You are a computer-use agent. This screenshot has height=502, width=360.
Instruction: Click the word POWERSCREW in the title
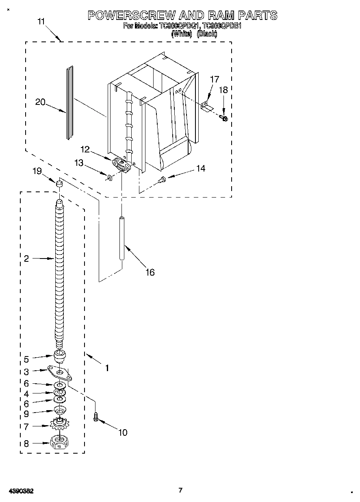pos(132,15)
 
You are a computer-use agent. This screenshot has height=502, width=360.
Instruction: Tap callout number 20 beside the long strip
pos(40,102)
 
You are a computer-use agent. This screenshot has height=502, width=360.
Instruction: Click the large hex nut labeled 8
pos(59,442)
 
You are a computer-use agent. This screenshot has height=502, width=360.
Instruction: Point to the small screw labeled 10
pos(96,417)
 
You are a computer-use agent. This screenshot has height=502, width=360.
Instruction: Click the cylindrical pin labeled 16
pos(121,238)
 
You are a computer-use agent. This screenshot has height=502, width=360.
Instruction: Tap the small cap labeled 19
pos(59,184)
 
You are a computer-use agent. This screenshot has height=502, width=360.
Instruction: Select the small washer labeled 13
pos(110,177)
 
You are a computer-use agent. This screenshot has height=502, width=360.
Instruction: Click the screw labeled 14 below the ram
pos(162,179)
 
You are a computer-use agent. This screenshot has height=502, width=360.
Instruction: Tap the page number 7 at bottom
pos(180,490)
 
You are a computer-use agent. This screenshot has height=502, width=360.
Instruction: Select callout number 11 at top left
pos(41,22)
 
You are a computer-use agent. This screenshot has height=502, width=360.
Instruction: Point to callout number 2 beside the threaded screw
pos(26,259)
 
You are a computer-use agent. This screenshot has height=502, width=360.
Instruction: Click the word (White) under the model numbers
pos(181,34)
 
